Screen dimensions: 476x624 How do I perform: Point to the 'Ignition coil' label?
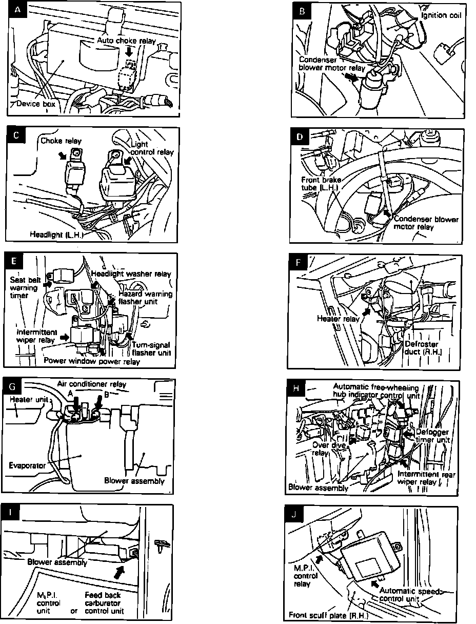click(x=441, y=15)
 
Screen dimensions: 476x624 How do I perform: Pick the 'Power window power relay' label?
click(x=92, y=360)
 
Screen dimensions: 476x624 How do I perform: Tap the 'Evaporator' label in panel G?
click(x=28, y=465)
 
